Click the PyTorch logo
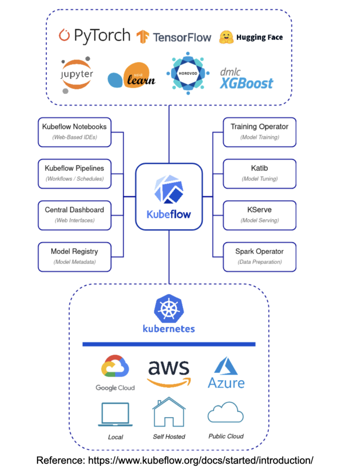click(x=94, y=36)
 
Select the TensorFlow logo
click(x=173, y=37)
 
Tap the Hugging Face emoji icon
click(x=226, y=37)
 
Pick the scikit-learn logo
click(x=132, y=76)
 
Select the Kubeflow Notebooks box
click(x=75, y=132)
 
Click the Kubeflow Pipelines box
click(x=75, y=173)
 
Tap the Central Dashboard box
click(x=75, y=215)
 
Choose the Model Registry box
click(x=75, y=257)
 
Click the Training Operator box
click(x=259, y=132)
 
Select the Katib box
click(x=259, y=173)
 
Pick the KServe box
click(x=259, y=215)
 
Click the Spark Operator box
click(x=259, y=257)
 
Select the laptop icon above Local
click(x=115, y=414)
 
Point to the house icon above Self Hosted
click(x=169, y=412)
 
